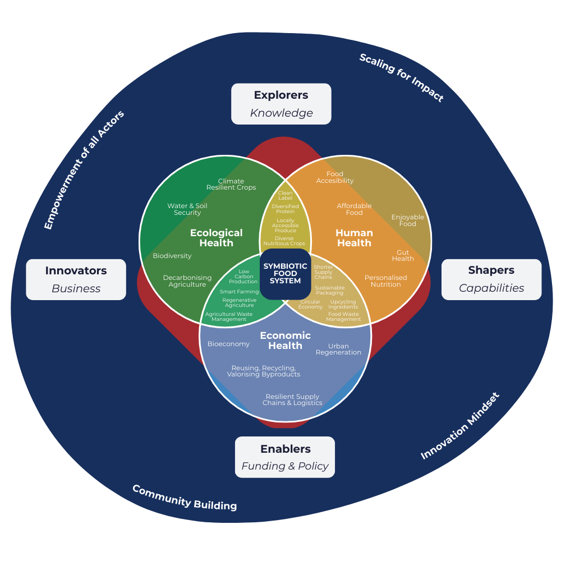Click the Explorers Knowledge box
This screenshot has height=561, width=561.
tap(281, 104)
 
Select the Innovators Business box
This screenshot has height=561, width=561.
tap(76, 279)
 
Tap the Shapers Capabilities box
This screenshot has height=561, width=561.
tap(491, 279)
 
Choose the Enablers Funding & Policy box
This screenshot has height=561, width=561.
tap(285, 457)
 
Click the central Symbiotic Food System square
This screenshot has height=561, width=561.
tap(285, 273)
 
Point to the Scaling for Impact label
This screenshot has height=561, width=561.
tap(401, 77)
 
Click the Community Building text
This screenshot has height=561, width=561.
tap(185, 497)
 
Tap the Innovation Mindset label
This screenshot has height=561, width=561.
tap(460, 426)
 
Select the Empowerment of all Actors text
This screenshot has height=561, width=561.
tap(84, 169)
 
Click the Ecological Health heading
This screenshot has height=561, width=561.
tap(216, 238)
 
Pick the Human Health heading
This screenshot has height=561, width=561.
tap(354, 238)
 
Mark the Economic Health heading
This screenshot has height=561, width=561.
tap(285, 341)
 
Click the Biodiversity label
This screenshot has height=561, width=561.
tap(172, 256)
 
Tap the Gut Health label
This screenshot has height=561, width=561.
tap(403, 255)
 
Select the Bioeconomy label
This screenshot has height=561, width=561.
tap(228, 344)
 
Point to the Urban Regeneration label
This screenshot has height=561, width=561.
tap(338, 349)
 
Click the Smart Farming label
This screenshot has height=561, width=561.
tap(239, 292)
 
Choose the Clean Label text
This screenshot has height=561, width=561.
tap(285, 195)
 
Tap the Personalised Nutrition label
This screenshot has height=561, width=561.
tap(386, 281)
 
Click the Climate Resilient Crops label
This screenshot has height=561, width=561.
tap(231, 184)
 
